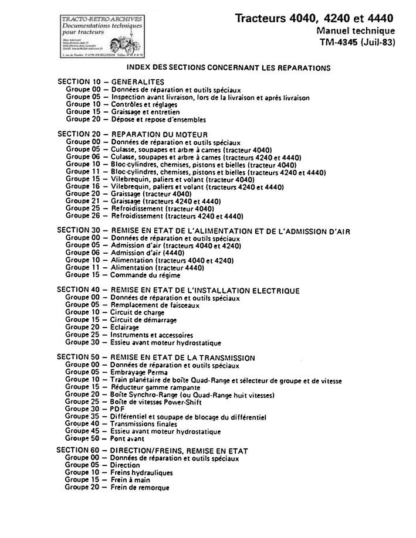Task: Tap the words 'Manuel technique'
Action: coord(355,30)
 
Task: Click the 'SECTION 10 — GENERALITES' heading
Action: coord(111,81)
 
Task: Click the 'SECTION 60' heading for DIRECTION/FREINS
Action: coord(153,451)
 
